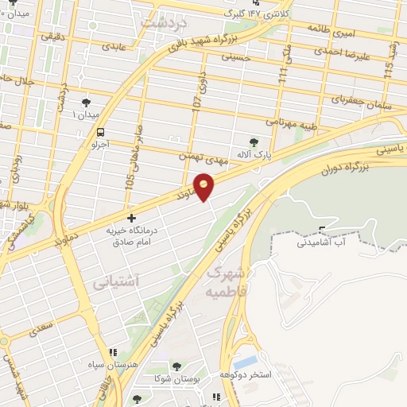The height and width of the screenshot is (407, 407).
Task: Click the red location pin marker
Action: (205, 185)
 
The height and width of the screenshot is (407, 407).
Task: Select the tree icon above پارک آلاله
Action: (254, 141)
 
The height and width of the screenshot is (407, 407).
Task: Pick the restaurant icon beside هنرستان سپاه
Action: (112, 351)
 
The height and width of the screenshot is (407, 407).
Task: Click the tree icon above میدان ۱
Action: (86, 102)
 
